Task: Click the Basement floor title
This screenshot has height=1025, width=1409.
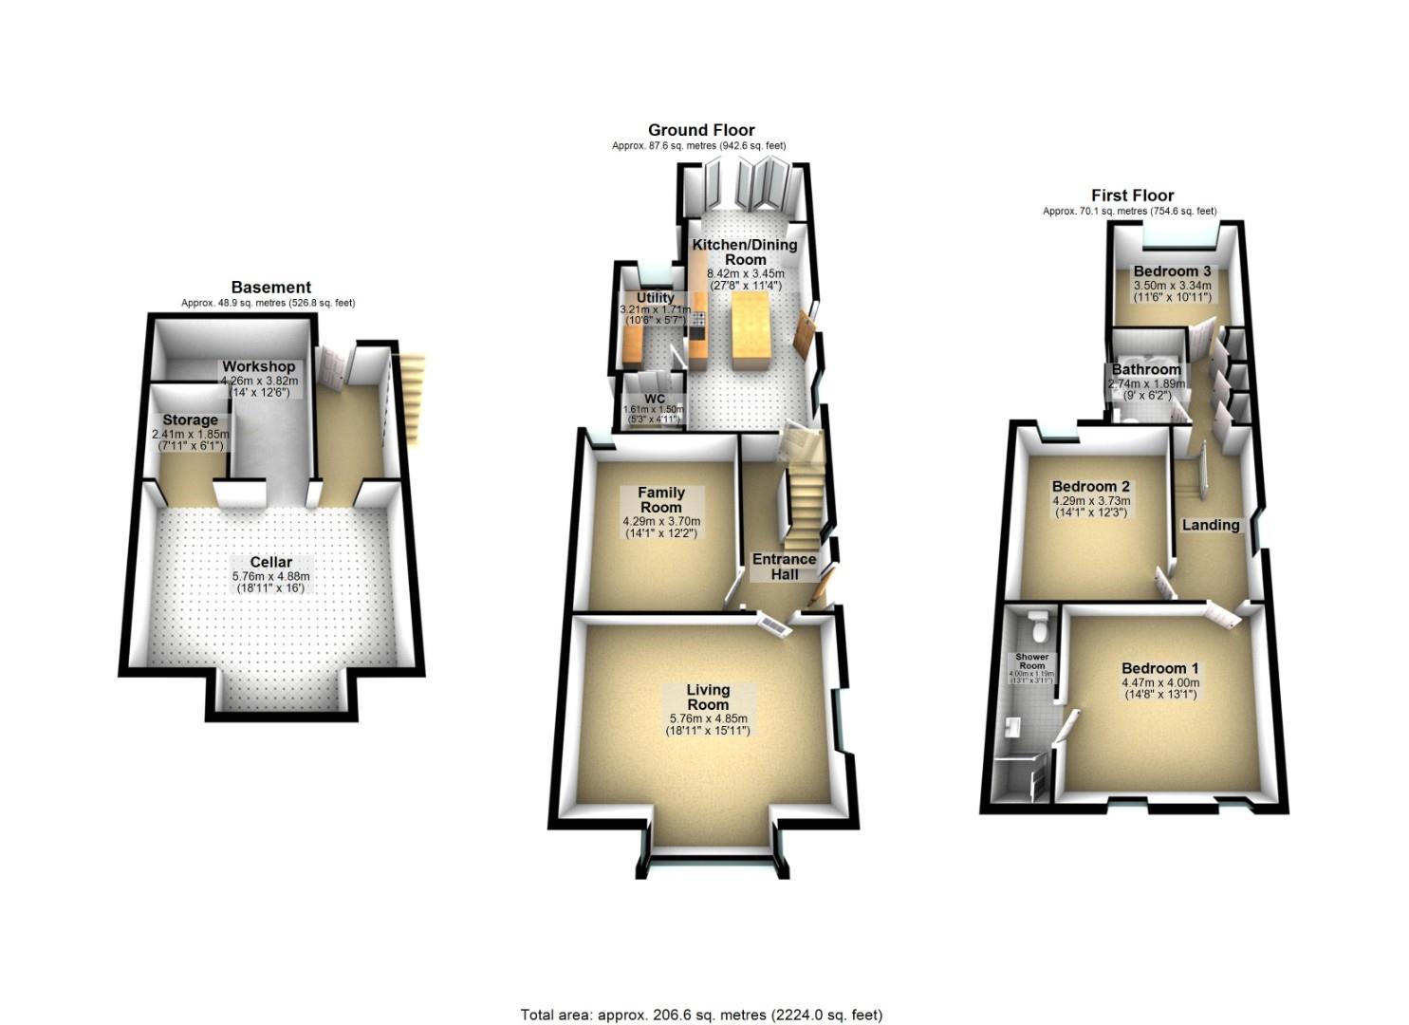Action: (270, 288)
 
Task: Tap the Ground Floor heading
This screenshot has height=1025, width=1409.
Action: (701, 130)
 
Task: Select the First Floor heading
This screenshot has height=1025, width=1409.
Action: (1132, 196)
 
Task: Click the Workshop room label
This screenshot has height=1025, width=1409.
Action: (259, 366)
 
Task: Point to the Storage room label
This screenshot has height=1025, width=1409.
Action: (190, 419)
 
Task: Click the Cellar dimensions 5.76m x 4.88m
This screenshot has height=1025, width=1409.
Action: (271, 576)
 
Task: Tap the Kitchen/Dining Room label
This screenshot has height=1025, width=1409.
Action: (745, 252)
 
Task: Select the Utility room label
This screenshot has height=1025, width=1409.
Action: (655, 298)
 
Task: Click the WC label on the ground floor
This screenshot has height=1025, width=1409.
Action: (655, 398)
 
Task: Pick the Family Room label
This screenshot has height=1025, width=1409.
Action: (661, 499)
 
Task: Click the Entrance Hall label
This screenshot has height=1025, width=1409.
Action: (784, 566)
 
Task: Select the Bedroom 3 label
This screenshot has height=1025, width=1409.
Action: (1172, 271)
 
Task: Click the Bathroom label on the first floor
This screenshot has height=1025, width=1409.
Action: (1146, 369)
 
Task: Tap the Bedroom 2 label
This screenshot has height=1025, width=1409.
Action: (1090, 487)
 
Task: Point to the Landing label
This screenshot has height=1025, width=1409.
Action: (1210, 525)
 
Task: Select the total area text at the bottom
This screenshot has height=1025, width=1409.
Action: (701, 1015)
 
